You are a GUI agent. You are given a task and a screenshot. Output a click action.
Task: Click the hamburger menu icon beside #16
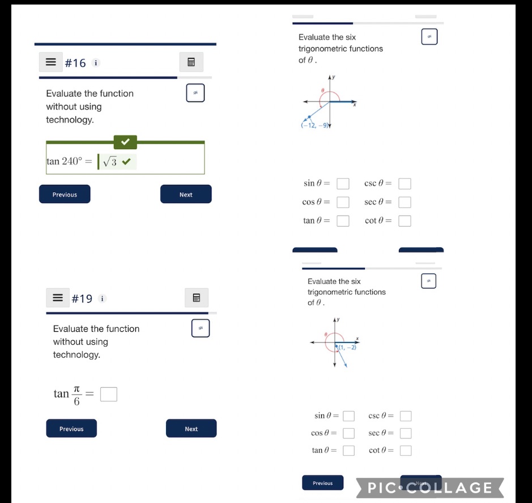pyautogui.click(x=51, y=62)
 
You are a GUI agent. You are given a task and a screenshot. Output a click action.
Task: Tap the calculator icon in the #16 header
pyautogui.click(x=191, y=62)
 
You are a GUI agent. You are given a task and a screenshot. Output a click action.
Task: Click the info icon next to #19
pyautogui.click(x=103, y=298)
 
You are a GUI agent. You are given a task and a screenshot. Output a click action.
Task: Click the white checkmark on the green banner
pyautogui.click(x=125, y=142)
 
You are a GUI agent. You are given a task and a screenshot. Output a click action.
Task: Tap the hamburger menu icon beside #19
pyautogui.click(x=58, y=298)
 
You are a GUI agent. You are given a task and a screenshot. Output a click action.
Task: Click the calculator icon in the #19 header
pyautogui.click(x=197, y=298)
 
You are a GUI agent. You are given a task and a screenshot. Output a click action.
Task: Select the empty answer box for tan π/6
pyautogui.click(x=109, y=394)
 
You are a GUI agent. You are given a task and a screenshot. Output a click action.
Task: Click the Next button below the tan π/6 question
pyautogui.click(x=191, y=429)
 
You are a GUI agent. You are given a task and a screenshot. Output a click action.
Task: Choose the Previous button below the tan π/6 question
pyautogui.click(x=71, y=429)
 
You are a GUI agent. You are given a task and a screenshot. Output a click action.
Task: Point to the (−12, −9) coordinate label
pyautogui.click(x=315, y=126)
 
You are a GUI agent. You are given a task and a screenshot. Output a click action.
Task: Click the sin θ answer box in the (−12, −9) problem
pyautogui.click(x=343, y=184)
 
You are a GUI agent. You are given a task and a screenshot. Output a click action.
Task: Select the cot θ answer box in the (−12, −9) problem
pyautogui.click(x=405, y=221)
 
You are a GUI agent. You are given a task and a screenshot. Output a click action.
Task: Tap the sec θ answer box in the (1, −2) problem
pyautogui.click(x=406, y=434)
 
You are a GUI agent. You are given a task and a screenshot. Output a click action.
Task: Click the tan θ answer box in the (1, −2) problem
pyautogui.click(x=348, y=451)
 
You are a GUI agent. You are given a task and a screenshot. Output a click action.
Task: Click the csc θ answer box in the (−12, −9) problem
pyautogui.click(x=405, y=184)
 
